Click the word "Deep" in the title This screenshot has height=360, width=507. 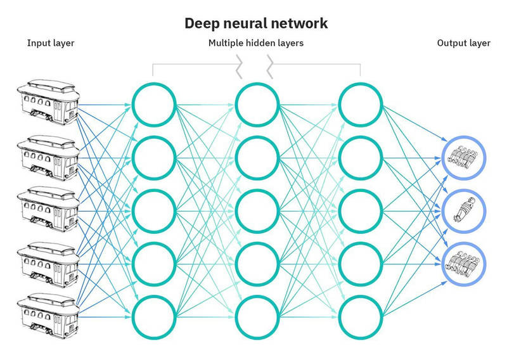(x=201, y=24)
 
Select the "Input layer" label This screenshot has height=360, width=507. (x=51, y=43)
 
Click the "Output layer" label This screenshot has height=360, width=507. (x=463, y=43)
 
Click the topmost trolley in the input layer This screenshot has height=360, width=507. (x=49, y=102)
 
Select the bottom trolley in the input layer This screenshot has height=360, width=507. (x=49, y=316)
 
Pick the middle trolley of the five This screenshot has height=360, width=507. (x=49, y=209)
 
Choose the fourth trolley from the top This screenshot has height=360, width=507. (x=49, y=264)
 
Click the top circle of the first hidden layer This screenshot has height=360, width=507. (x=132, y=105)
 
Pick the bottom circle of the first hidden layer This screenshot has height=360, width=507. (x=132, y=317)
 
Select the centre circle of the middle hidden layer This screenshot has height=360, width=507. (x=236, y=211)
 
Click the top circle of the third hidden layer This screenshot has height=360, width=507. (x=340, y=105)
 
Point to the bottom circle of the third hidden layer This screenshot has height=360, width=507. (x=340, y=317)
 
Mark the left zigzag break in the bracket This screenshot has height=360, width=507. (x=240, y=67)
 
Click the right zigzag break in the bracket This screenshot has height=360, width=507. (x=270, y=67)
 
